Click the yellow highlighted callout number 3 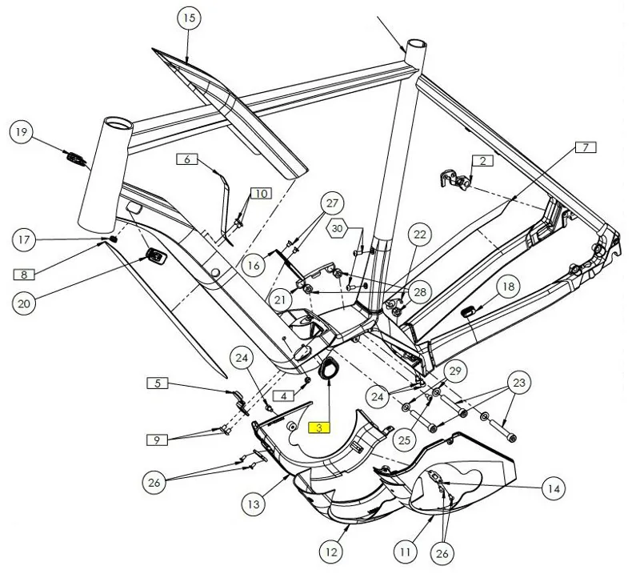click(318, 428)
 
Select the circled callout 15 click(189, 18)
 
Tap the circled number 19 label click(22, 132)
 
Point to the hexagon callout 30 click(338, 229)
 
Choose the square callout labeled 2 click(482, 161)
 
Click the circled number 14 click(551, 488)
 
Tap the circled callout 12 click(331, 551)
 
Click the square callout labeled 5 click(158, 383)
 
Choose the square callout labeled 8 click(24, 275)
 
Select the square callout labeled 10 click(261, 193)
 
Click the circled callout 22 click(420, 235)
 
